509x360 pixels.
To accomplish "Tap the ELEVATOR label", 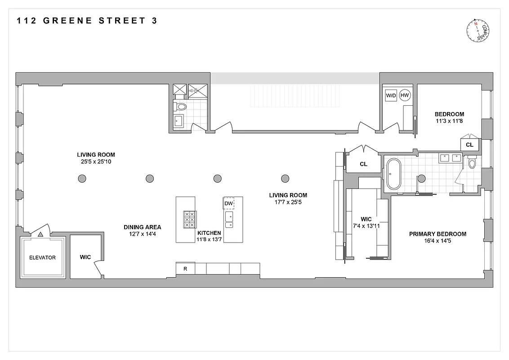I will click(42, 258).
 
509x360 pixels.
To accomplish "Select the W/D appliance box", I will click(390, 95).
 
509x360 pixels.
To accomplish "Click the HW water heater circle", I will click(405, 95).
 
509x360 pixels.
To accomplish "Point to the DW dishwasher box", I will click(229, 204).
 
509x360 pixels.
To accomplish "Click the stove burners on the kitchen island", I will click(189, 219).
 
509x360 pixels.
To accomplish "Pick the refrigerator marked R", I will click(185, 269).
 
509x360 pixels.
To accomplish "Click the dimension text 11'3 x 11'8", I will click(449, 121).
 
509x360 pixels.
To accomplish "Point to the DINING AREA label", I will click(143, 227).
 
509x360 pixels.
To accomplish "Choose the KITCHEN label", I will click(209, 233).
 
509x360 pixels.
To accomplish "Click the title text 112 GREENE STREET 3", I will click(87, 21).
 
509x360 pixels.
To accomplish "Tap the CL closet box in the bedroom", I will click(469, 145).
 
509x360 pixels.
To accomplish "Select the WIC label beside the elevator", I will click(85, 257).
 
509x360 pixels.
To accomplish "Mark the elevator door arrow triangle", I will click(41, 234).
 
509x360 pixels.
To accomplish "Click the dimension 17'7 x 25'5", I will click(288, 202).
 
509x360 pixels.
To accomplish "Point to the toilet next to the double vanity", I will click(472, 163).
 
